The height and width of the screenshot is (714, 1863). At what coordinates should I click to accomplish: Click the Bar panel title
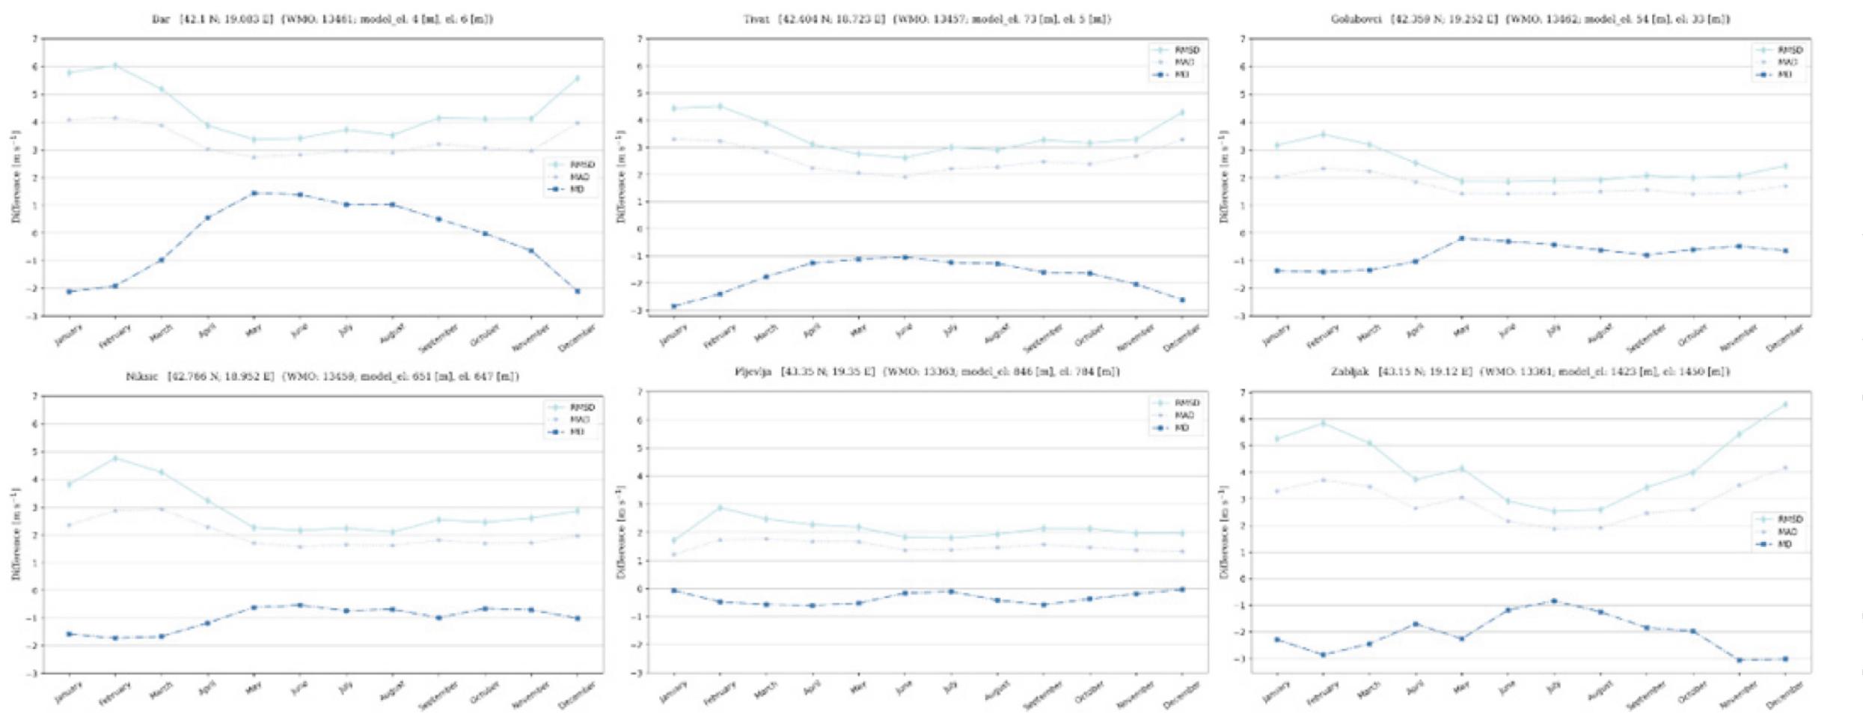click(x=322, y=19)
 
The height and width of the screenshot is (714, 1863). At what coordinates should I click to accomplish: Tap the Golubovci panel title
click(x=1530, y=19)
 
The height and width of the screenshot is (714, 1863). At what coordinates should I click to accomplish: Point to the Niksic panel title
click(x=322, y=376)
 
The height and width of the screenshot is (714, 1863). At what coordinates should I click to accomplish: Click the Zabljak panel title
click(x=1530, y=372)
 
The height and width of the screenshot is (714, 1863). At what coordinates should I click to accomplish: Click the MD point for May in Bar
click(x=254, y=193)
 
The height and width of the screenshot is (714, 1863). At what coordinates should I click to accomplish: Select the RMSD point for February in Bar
click(x=115, y=66)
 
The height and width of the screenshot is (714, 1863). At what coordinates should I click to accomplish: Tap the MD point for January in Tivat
click(x=673, y=306)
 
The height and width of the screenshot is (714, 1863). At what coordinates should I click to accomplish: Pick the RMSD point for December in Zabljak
click(x=1785, y=405)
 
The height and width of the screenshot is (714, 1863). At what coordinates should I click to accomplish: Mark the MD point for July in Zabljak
click(x=1554, y=601)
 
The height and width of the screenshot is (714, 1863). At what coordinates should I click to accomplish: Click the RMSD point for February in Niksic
click(x=115, y=458)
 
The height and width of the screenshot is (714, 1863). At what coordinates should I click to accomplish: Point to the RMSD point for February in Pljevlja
click(x=720, y=507)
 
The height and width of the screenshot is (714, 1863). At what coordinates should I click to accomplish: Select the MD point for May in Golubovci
click(x=1461, y=238)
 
